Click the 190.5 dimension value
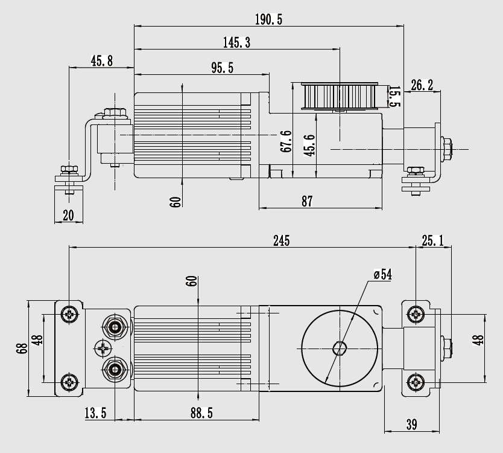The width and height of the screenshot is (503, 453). [268, 19]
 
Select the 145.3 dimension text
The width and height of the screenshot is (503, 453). [236, 42]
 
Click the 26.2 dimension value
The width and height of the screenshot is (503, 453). [422, 85]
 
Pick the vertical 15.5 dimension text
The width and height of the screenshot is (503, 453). [393, 97]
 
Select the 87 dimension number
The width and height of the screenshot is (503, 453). [307, 202]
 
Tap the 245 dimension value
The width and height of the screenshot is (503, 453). [281, 240]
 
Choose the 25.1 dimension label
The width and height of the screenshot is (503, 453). [432, 241]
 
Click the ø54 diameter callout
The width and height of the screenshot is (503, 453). [382, 275]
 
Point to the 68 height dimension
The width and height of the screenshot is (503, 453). [23, 349]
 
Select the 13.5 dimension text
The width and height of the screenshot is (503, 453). [95, 413]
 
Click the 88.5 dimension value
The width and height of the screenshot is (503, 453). [201, 413]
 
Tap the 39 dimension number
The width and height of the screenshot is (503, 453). [411, 425]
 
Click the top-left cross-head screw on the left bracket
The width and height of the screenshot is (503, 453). [71, 313]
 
